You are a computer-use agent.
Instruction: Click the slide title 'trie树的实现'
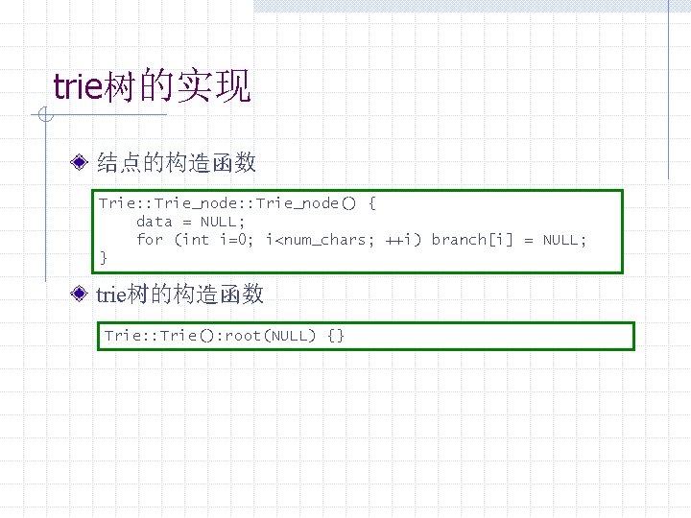click(x=152, y=86)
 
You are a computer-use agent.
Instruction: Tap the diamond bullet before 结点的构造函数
click(x=83, y=162)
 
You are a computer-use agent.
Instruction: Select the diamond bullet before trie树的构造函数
click(x=83, y=294)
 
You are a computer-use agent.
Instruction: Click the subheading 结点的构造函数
click(x=177, y=162)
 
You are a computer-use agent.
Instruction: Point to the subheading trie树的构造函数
click(x=180, y=294)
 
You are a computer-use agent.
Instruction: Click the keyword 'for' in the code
click(x=150, y=239)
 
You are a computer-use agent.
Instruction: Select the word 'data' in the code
click(x=154, y=221)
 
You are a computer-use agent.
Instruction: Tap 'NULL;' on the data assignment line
click(x=223, y=221)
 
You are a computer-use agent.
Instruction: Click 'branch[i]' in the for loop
click(x=468, y=239)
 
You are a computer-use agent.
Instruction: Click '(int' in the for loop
click(x=191, y=239)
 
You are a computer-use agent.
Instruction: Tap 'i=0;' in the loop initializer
click(x=237, y=239)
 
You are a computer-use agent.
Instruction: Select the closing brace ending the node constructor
click(x=104, y=257)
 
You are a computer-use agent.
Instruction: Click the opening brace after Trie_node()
click(x=372, y=202)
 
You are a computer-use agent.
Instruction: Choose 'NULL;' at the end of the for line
click(x=564, y=239)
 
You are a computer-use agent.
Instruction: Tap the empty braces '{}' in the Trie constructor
click(x=336, y=335)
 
